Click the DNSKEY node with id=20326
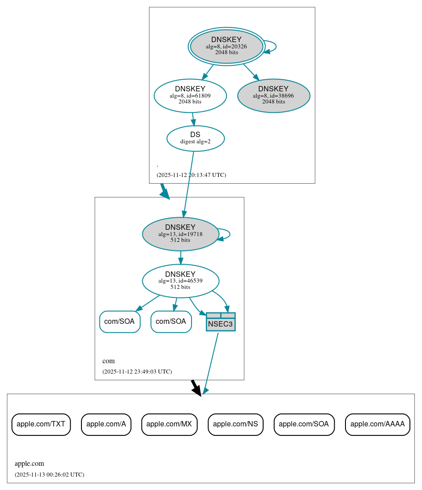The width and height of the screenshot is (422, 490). coord(226,46)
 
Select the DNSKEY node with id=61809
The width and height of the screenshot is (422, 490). coord(190,95)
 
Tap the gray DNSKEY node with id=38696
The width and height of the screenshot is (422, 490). coord(273,95)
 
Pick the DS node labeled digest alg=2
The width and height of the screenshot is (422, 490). coord(195,138)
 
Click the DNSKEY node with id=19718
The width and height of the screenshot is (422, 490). coord(180,234)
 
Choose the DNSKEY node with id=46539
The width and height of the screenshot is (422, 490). coord(180,281)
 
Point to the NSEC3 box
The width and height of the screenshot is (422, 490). coord(221,322)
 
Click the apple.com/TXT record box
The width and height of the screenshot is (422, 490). coord(41,424)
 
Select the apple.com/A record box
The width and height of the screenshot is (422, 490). coord(106,424)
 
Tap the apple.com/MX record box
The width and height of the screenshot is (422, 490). coord(169,424)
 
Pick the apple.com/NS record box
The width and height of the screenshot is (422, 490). coord(235,424)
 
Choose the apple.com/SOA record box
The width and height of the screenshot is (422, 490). coord(304,424)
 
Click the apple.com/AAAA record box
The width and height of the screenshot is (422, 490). coord(377,424)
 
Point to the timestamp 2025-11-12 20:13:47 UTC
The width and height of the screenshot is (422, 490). coord(191,175)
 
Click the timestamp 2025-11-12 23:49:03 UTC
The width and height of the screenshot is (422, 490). coord(137,372)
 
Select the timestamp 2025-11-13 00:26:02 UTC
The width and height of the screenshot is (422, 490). coord(49,475)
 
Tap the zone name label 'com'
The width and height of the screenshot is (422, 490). coord(108,361)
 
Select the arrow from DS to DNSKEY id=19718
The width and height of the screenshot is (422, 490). coord(188,184)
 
